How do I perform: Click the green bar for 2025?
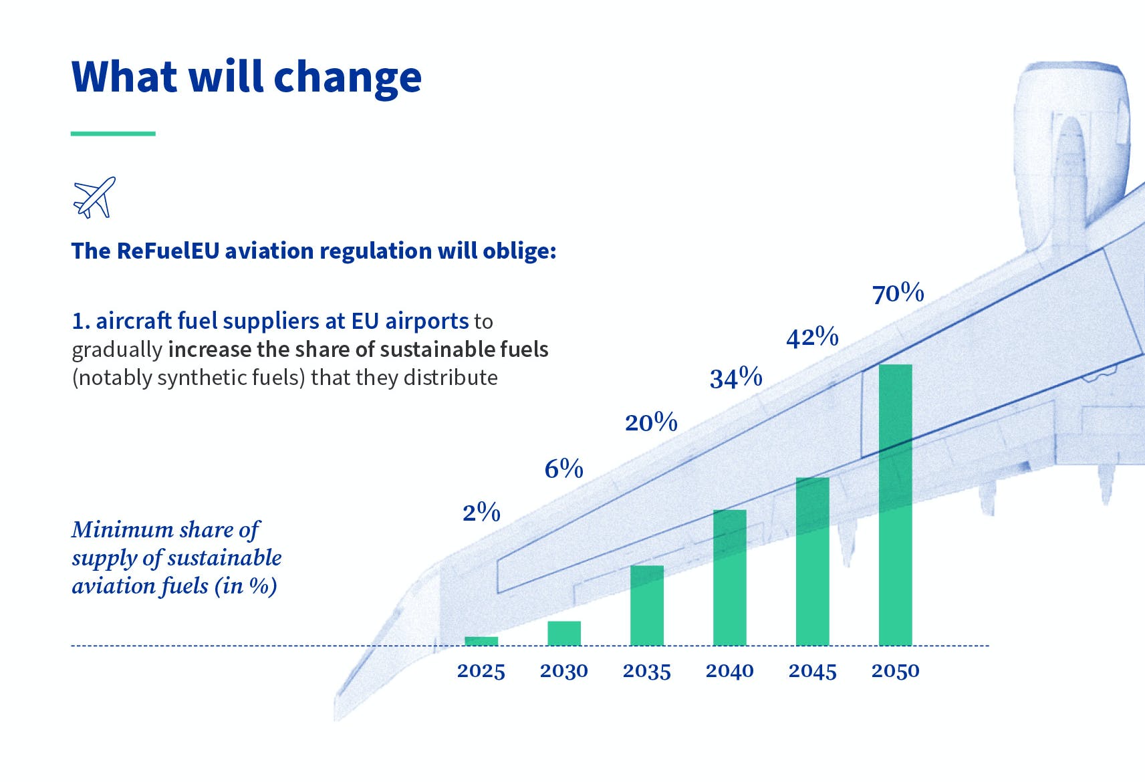(x=481, y=641)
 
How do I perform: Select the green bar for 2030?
(x=564, y=633)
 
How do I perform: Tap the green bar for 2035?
(x=647, y=605)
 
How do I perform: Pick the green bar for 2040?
(x=730, y=577)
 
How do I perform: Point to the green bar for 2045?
(x=813, y=561)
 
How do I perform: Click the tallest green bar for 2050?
(x=896, y=505)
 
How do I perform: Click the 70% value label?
(x=898, y=293)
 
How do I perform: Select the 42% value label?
(x=812, y=337)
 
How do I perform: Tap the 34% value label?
(x=736, y=378)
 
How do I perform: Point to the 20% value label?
(x=651, y=422)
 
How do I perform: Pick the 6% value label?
(x=563, y=469)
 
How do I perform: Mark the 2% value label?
(x=481, y=513)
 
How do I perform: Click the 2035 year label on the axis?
(x=646, y=671)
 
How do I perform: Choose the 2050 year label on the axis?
(x=895, y=671)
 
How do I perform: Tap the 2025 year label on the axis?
(x=481, y=671)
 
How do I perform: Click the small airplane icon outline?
(x=94, y=197)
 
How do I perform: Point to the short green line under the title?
(x=113, y=134)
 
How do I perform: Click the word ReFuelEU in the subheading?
(x=167, y=251)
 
